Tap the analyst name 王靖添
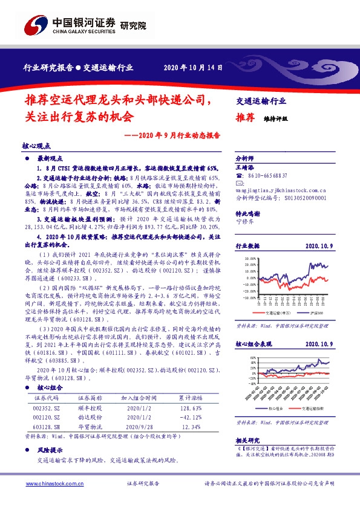coord(245,166)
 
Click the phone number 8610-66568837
coord(268,175)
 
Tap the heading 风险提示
coord(51,450)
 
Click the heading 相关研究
coord(247,441)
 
